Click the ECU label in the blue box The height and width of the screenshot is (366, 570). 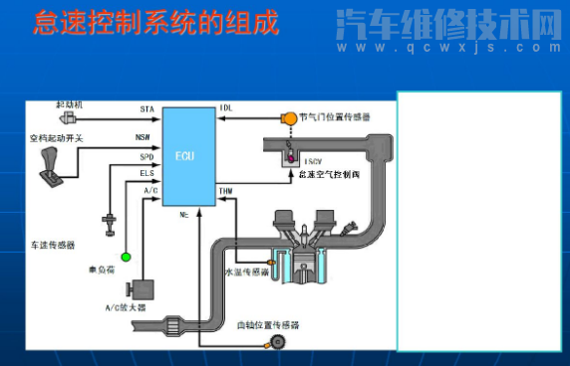(185, 157)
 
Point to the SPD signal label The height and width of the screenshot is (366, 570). (145, 157)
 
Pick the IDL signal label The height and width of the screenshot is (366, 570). (225, 106)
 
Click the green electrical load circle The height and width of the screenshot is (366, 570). (126, 257)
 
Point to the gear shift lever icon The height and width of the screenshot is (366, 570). (50, 165)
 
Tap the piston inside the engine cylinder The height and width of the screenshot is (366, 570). (296, 268)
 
